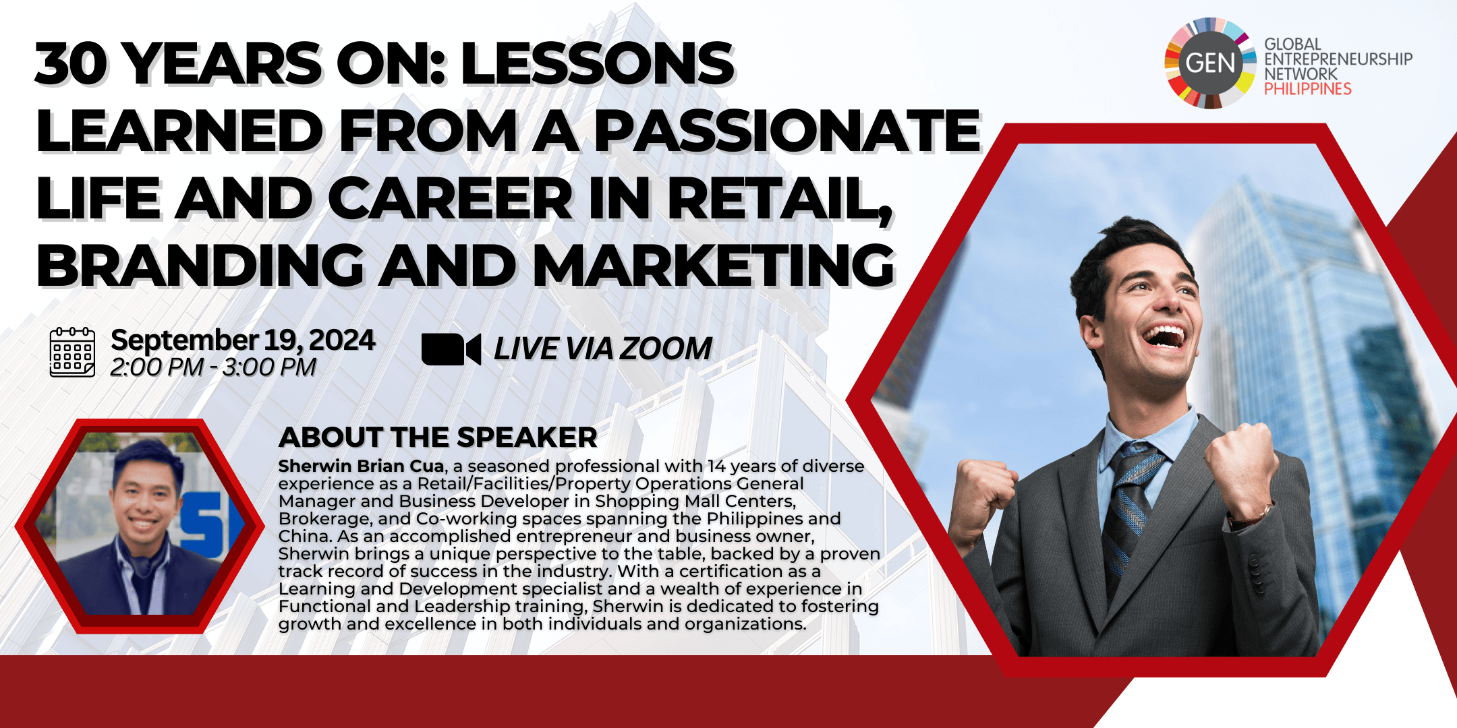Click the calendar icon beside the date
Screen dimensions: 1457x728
click(72, 351)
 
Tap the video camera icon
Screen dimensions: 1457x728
click(451, 349)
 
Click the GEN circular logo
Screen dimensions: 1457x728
click(1210, 63)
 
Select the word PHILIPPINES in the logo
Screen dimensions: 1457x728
click(1307, 89)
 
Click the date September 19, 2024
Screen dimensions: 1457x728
click(243, 340)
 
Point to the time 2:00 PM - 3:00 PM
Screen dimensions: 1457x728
click(213, 367)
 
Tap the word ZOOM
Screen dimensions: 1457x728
click(666, 349)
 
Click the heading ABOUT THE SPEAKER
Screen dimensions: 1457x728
click(438, 437)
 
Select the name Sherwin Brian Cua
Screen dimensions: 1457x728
click(362, 466)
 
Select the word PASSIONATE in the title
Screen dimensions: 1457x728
click(787, 131)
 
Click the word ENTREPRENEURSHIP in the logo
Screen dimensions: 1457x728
click(1338, 59)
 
